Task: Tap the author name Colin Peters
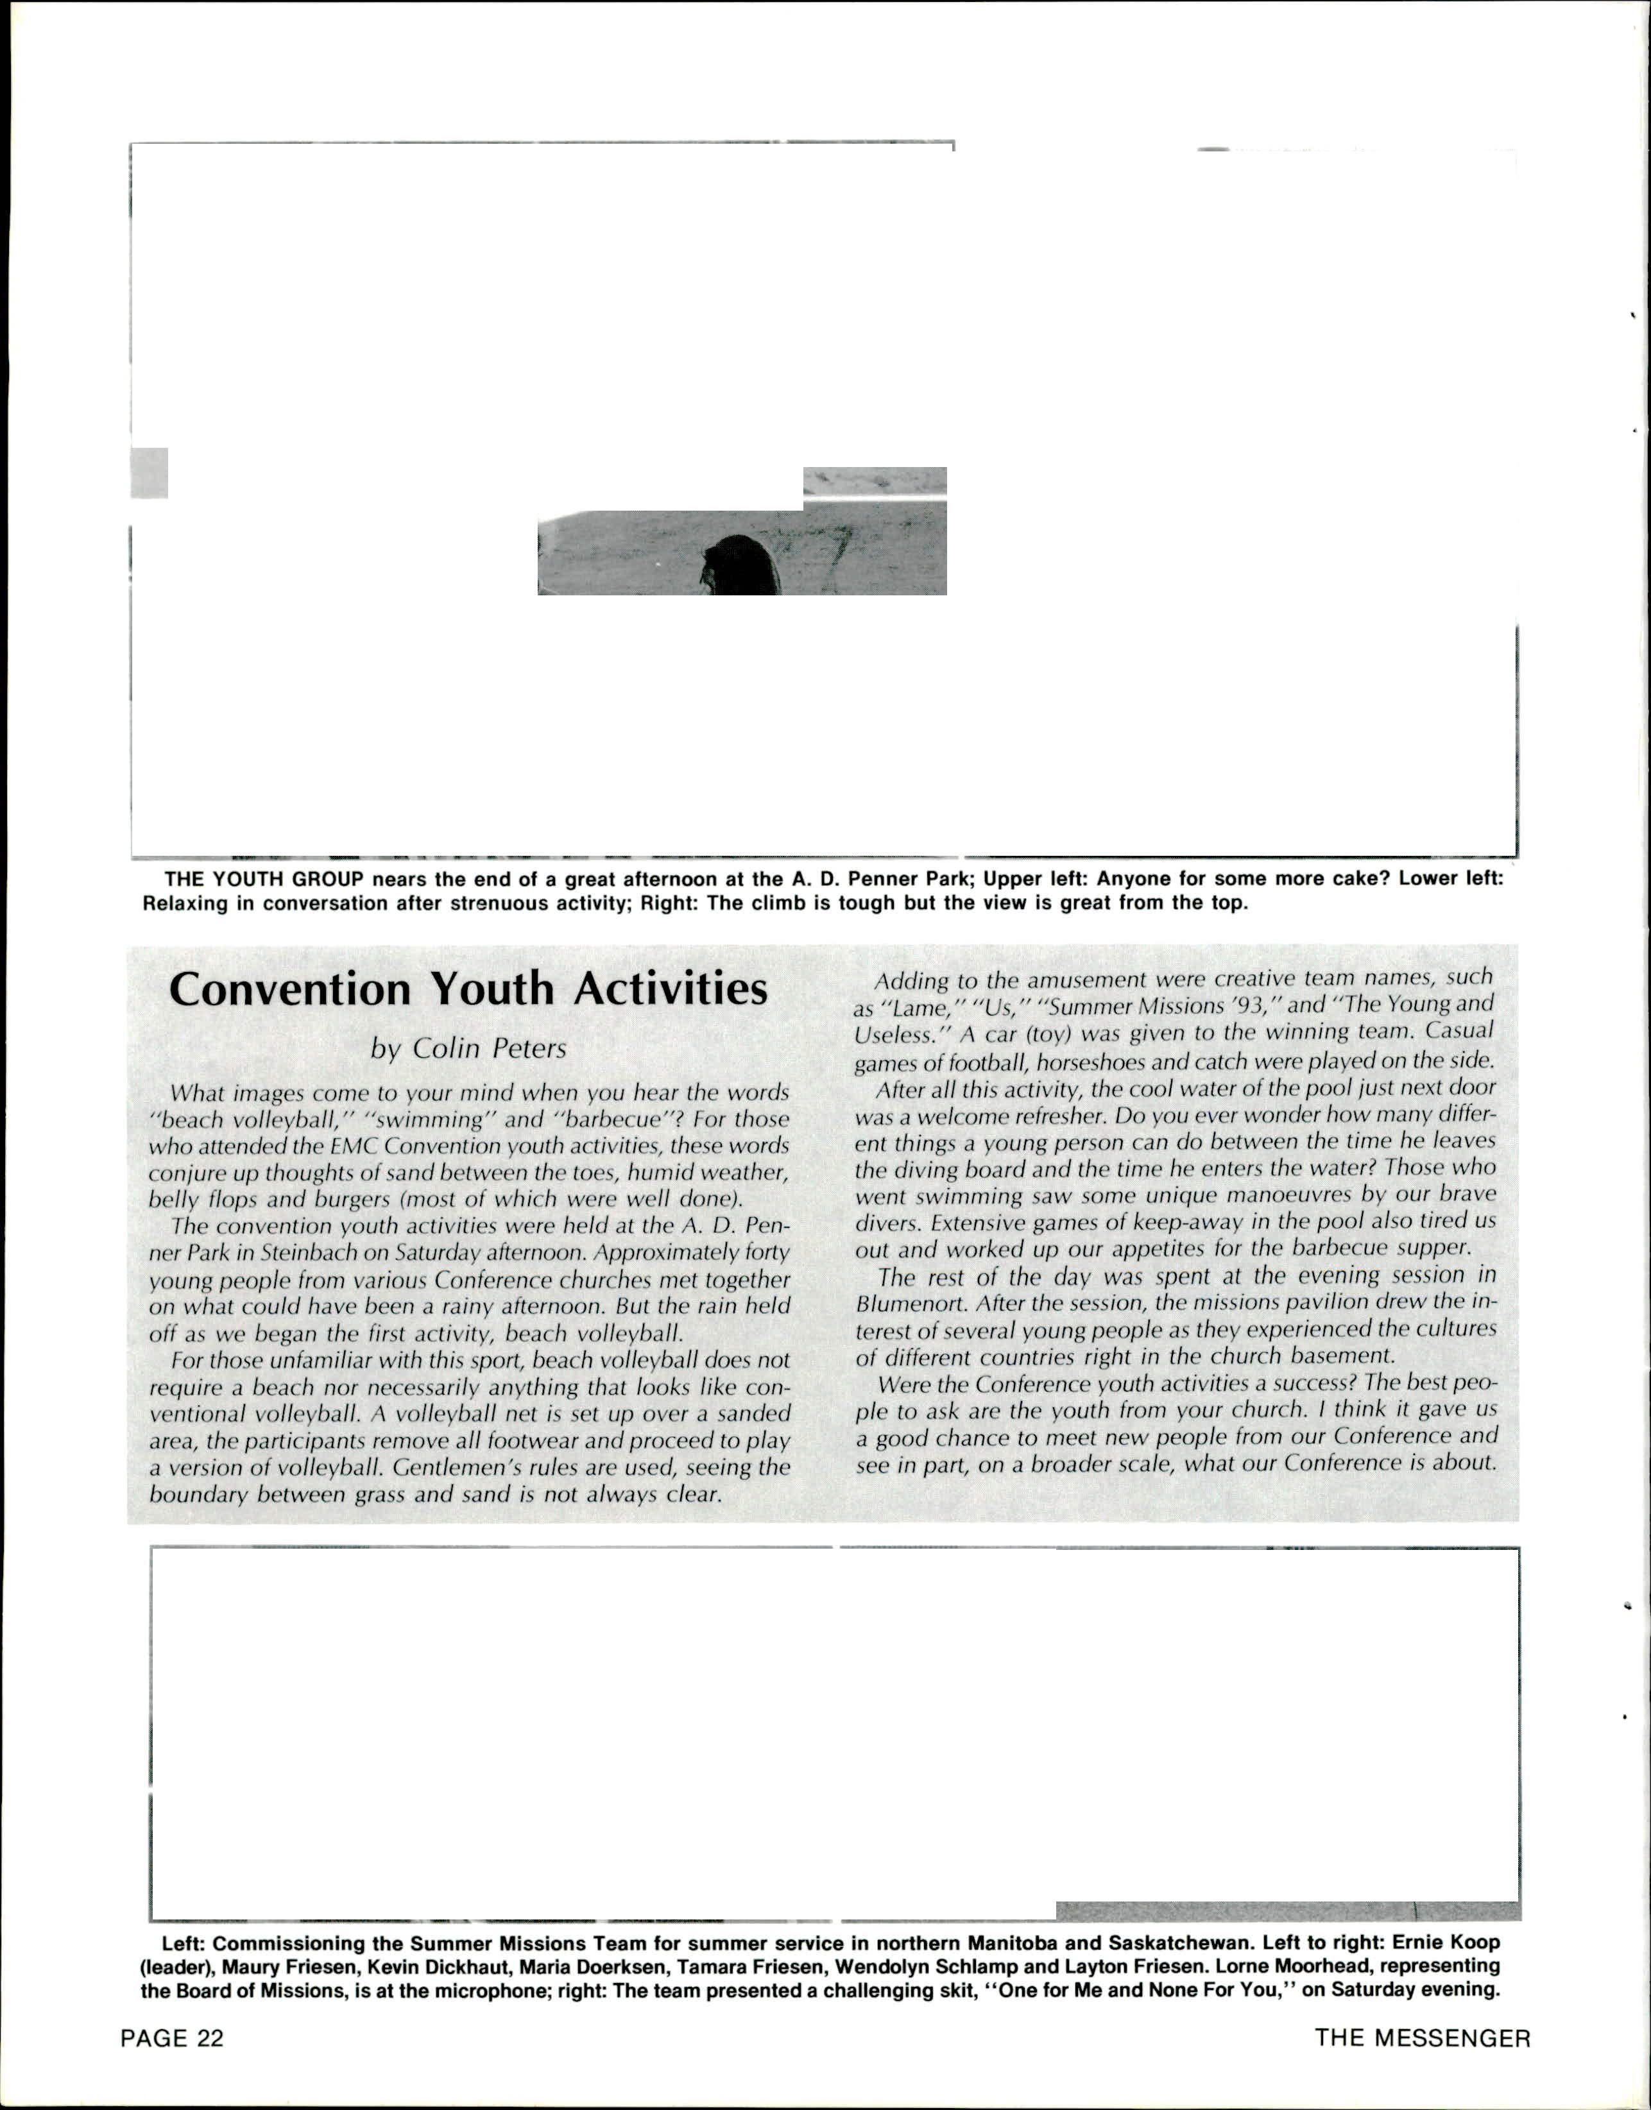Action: click(x=469, y=1049)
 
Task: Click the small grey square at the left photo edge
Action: click(x=149, y=473)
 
